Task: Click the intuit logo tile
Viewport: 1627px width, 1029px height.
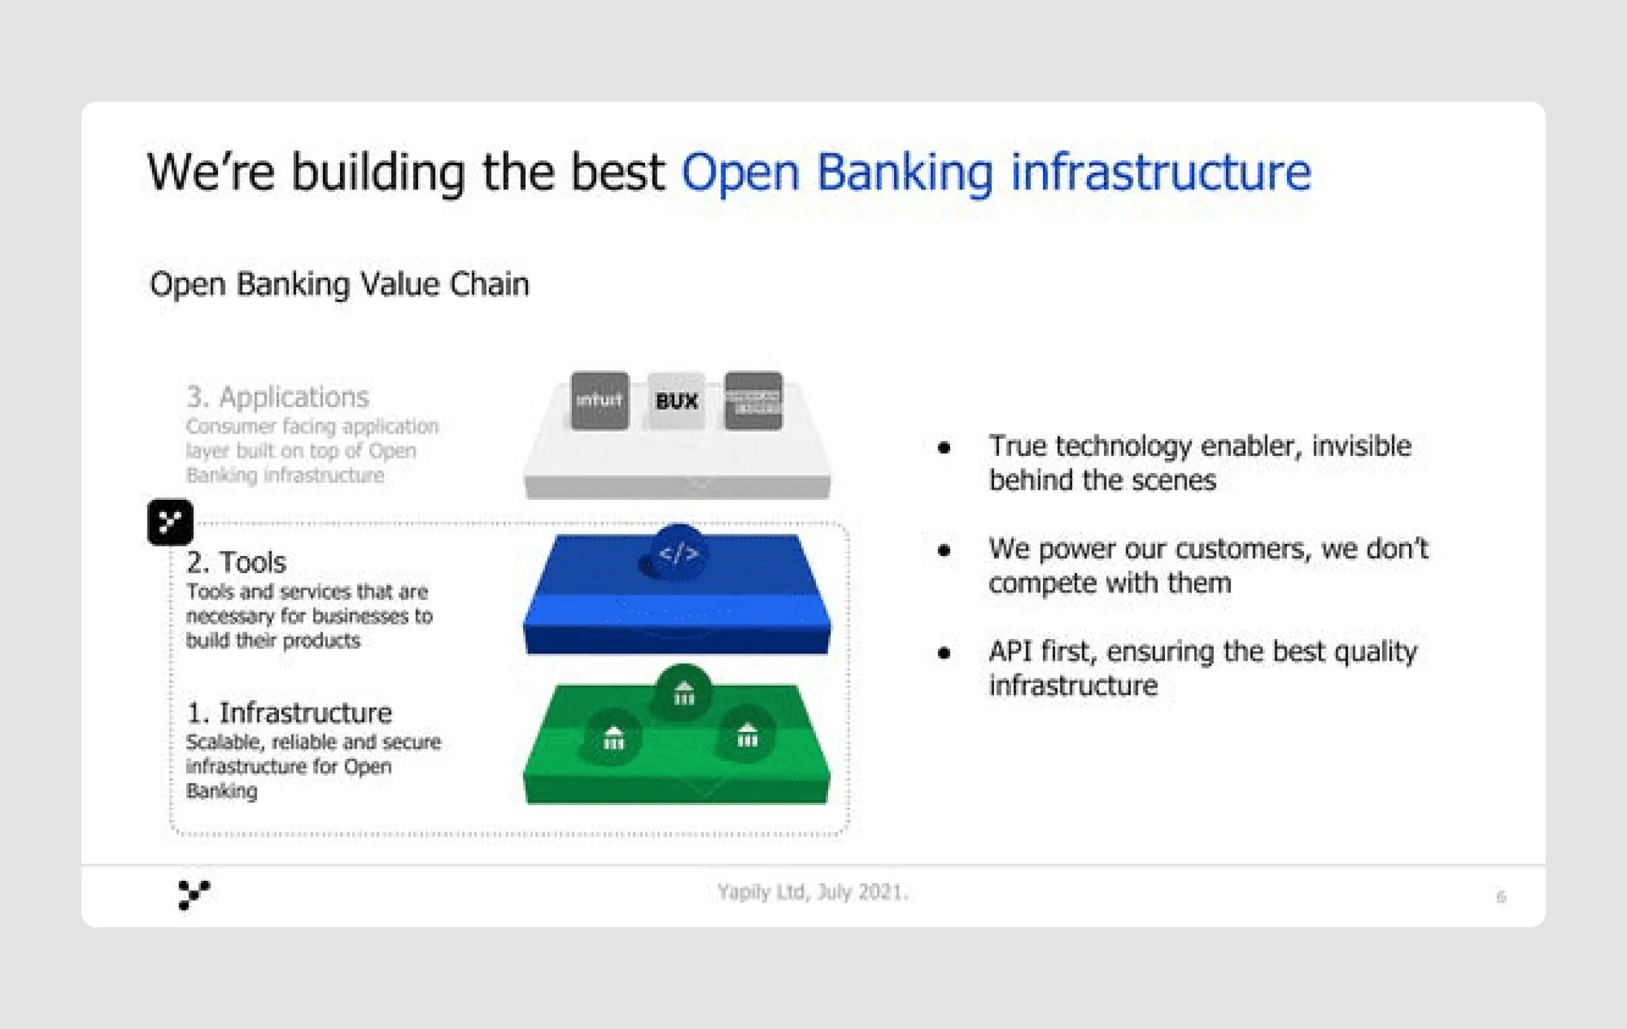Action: pyautogui.click(x=599, y=400)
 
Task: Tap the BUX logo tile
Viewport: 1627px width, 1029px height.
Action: pyautogui.click(x=676, y=401)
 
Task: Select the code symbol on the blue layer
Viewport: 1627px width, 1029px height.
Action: pyautogui.click(x=678, y=553)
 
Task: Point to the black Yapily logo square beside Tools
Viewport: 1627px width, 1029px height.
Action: pyautogui.click(x=170, y=522)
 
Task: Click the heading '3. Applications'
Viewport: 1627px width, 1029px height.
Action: pyautogui.click(x=278, y=397)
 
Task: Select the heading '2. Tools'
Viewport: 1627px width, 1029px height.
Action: pyautogui.click(x=236, y=562)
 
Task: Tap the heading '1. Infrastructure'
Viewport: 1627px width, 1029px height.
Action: pyautogui.click(x=289, y=712)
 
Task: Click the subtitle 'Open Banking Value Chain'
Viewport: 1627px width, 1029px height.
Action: pyautogui.click(x=339, y=284)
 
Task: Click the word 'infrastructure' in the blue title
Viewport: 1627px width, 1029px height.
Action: pyautogui.click(x=1160, y=172)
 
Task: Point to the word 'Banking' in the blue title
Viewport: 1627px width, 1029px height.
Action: pyautogui.click(x=905, y=172)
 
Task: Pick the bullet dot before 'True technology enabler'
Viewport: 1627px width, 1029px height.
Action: pyautogui.click(x=944, y=448)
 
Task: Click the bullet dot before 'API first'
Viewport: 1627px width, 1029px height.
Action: pyautogui.click(x=944, y=653)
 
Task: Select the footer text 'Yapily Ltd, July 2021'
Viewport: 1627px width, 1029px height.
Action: pyautogui.click(x=813, y=892)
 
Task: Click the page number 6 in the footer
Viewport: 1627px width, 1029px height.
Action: pyautogui.click(x=1501, y=897)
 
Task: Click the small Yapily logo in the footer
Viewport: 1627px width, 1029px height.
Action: pyautogui.click(x=193, y=894)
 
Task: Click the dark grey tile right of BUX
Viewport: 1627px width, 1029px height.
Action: pyautogui.click(x=752, y=400)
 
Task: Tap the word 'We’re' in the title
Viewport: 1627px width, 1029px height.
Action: pyautogui.click(x=211, y=172)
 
